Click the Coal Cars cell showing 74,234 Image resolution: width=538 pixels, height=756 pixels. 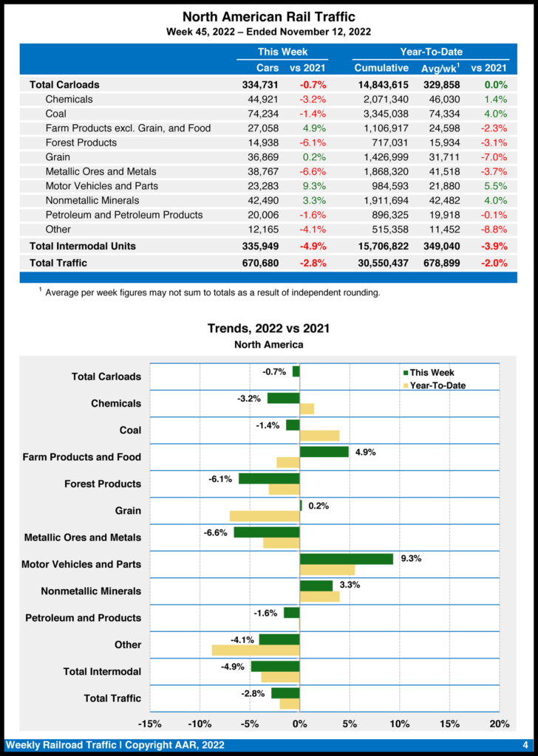pyautogui.click(x=262, y=114)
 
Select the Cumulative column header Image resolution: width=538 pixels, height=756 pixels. pyautogui.click(x=381, y=68)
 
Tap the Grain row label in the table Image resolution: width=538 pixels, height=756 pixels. pyautogui.click(x=58, y=157)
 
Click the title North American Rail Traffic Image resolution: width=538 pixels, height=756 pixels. pyautogui.click(x=268, y=16)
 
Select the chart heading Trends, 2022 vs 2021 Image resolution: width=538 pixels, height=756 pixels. pyautogui.click(x=268, y=329)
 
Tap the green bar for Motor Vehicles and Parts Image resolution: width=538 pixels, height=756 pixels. pyautogui.click(x=347, y=559)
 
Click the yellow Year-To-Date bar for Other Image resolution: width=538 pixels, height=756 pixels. pyautogui.click(x=256, y=650)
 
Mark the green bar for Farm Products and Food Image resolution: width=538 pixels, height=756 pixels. pyautogui.click(x=324, y=452)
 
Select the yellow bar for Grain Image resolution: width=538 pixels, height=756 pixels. pyautogui.click(x=265, y=516)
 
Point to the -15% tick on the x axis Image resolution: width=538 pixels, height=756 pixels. pyautogui.click(x=150, y=724)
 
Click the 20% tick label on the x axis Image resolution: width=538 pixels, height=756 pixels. pyautogui.click(x=500, y=724)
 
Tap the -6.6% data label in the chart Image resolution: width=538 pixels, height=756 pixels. pyautogui.click(x=216, y=532)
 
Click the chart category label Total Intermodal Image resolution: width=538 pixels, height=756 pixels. pyautogui.click(x=102, y=672)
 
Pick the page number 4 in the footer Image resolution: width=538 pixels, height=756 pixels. pyautogui.click(x=525, y=745)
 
